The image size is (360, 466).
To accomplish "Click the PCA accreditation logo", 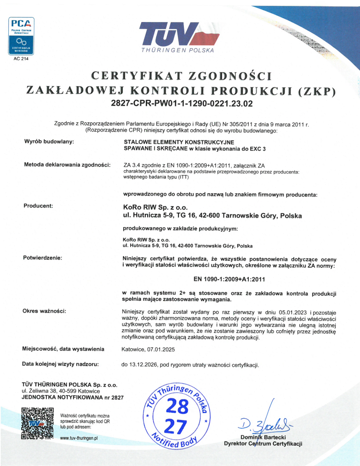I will click(x=21, y=35).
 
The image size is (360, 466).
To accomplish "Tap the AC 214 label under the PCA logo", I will click(x=21, y=59).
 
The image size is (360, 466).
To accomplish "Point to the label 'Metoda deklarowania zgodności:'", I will click(x=67, y=165).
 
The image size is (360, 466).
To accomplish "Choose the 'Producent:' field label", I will click(x=38, y=206).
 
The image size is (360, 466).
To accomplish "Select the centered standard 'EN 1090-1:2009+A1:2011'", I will click(x=229, y=279).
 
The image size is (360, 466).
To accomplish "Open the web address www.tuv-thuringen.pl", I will click(x=79, y=438).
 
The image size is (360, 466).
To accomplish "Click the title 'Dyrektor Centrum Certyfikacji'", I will click(x=263, y=443).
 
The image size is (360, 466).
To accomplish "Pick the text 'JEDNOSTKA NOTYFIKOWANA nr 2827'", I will click(x=73, y=397).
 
